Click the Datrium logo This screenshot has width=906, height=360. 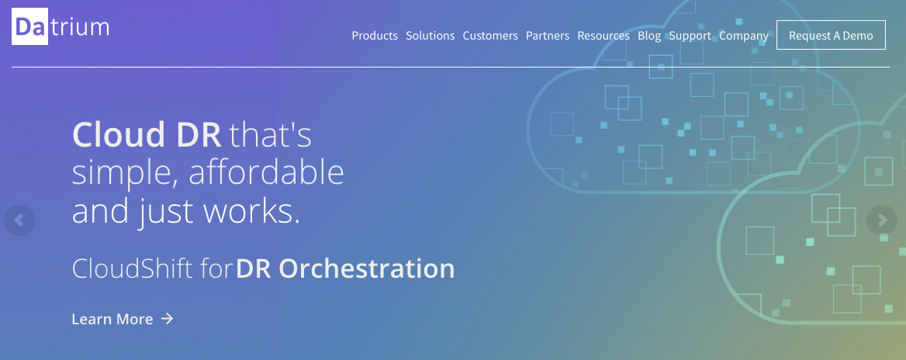pos(61,26)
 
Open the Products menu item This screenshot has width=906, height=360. pos(375,36)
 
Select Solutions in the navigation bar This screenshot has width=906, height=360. pos(430,36)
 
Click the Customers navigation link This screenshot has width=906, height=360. pos(490,36)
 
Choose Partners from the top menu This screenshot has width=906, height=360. pos(547,36)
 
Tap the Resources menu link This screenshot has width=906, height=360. pos(603,36)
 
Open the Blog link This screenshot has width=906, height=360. pos(649,36)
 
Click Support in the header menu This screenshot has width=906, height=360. pos(690,36)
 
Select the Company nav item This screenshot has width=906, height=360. pos(744,36)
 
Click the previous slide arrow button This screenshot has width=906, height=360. pos(19,220)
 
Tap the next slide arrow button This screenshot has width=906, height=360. pos(882,220)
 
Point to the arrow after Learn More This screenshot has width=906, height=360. pos(167,318)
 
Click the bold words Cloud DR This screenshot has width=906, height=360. pos(147,135)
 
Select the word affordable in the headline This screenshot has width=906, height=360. pos(266,172)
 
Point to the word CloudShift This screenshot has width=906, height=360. pos(133,269)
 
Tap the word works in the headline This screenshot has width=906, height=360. pos(251,212)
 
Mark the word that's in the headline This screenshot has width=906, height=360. pos(271,135)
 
